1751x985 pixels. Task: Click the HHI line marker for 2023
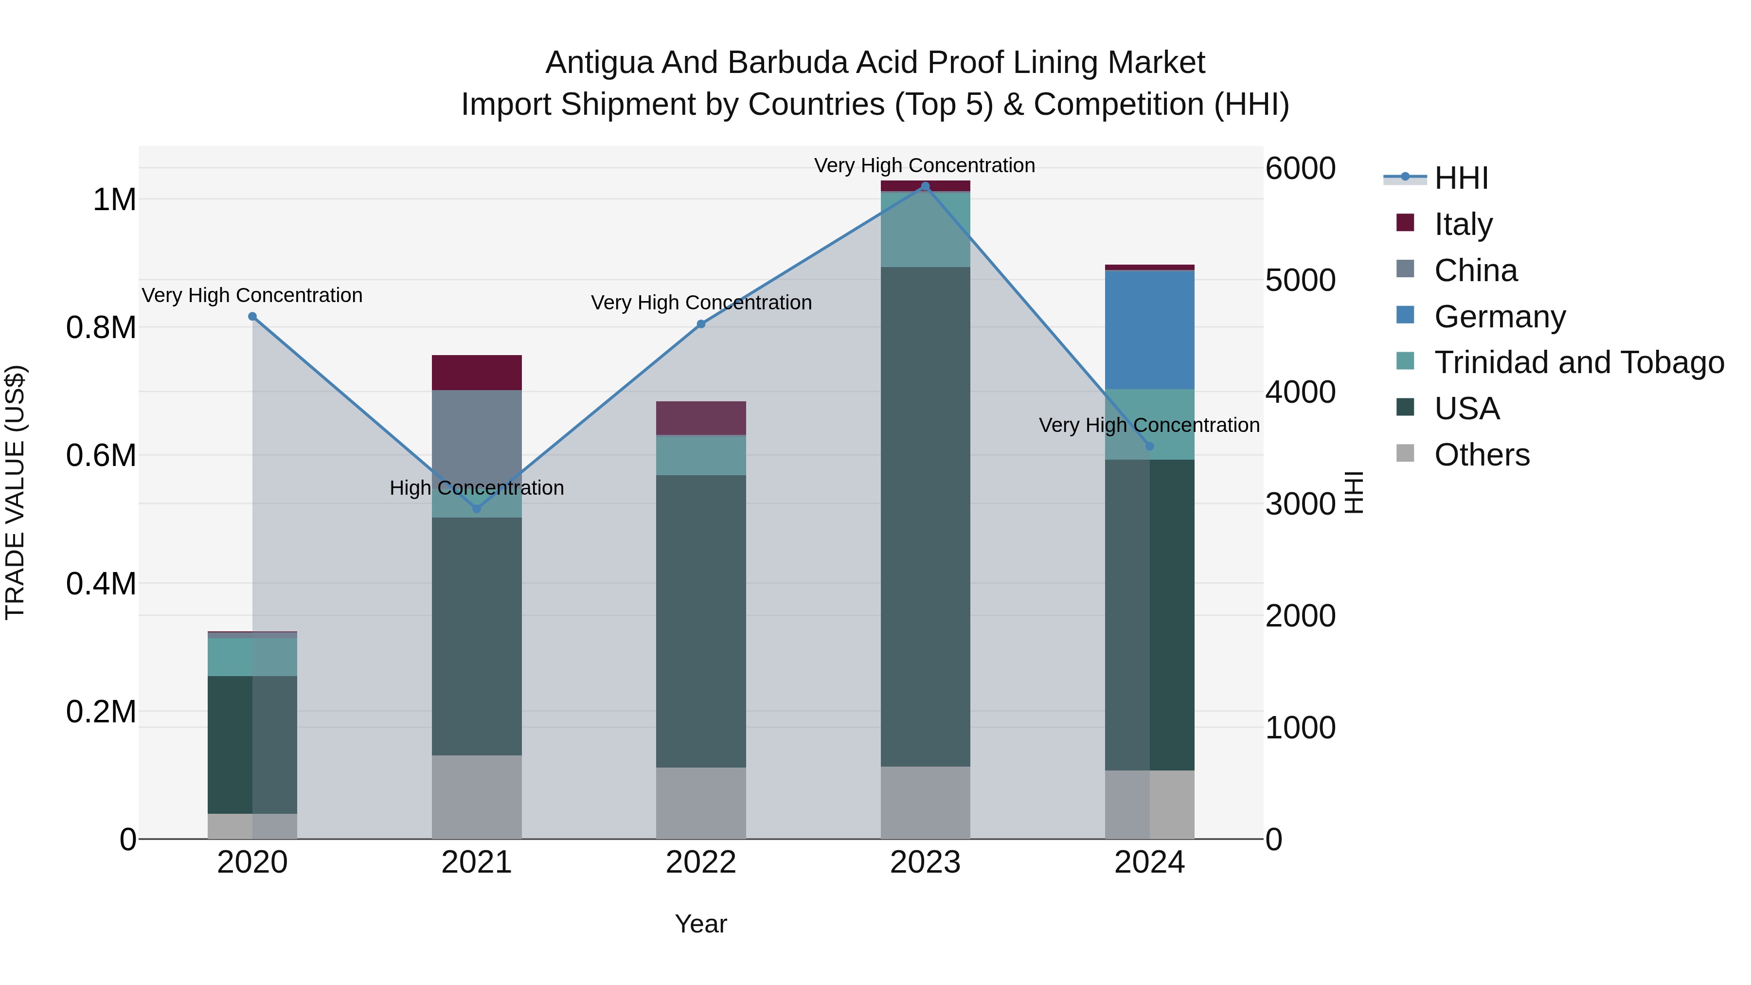[x=925, y=186]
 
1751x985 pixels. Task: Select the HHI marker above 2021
[x=477, y=508]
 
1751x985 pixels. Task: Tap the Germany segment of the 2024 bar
[x=1149, y=330]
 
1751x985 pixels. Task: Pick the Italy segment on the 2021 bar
[x=477, y=373]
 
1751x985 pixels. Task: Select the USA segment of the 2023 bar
[x=925, y=517]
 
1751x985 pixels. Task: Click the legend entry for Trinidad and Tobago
[x=1578, y=362]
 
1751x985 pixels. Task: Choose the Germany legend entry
[x=1500, y=317]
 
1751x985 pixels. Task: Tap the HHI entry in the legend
[x=1461, y=178]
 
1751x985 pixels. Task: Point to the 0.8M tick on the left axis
[x=101, y=328]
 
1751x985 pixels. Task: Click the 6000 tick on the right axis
[x=1300, y=169]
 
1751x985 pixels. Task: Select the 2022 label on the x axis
[x=701, y=862]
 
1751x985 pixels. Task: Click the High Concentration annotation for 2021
[x=477, y=488]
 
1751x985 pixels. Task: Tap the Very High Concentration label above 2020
[x=252, y=296]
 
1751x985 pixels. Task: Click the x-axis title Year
[x=701, y=924]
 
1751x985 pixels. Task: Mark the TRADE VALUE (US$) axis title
[x=15, y=492]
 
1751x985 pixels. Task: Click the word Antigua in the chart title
[x=599, y=63]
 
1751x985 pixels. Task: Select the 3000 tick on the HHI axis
[x=1300, y=504]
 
